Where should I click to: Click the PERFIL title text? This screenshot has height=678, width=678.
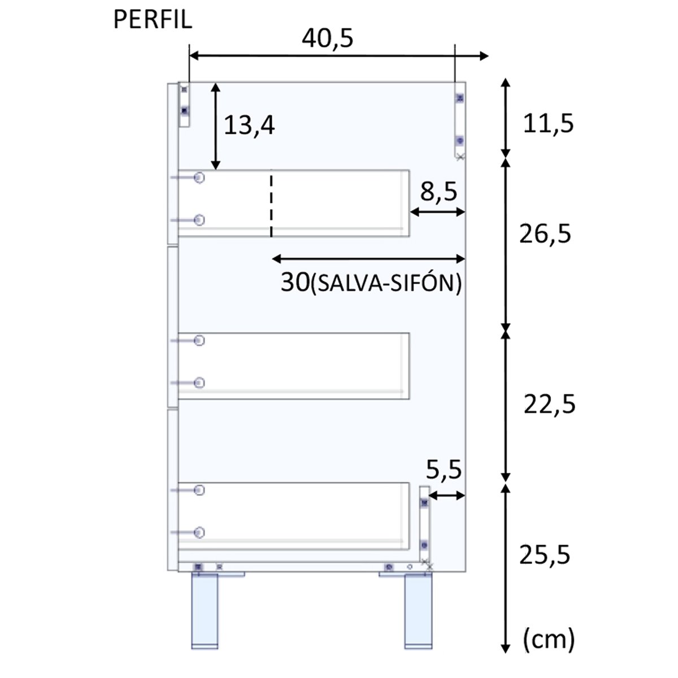coord(153,20)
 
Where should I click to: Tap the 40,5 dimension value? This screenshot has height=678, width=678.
coord(327,38)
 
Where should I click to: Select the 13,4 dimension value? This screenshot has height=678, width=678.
coord(249,125)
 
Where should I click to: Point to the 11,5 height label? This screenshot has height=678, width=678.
coord(548,124)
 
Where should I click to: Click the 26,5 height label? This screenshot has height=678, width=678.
coord(545,234)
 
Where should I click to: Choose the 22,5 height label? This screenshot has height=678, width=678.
coord(549,405)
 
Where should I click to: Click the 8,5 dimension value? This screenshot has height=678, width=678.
coord(438,192)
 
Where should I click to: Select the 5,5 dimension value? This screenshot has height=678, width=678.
coord(444,470)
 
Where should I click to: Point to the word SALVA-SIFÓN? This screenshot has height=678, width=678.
coord(386,283)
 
